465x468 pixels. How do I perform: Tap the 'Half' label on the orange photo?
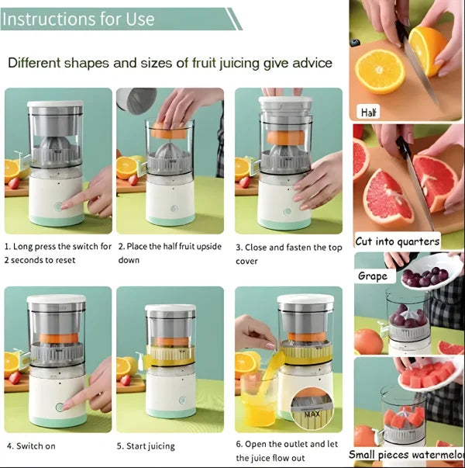pyautogui.click(x=369, y=113)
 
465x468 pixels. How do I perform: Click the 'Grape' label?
pyautogui.click(x=372, y=276)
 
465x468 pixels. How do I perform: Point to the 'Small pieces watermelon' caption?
pyautogui.click(x=406, y=454)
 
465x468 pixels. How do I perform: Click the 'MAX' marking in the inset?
pyautogui.click(x=312, y=414)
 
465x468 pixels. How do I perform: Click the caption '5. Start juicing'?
pyautogui.click(x=146, y=446)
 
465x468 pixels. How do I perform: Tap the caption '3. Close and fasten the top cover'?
pyautogui.click(x=288, y=254)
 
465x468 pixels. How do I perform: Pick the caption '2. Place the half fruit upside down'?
pyautogui.click(x=169, y=254)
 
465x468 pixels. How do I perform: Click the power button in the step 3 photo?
pyautogui.click(x=288, y=210)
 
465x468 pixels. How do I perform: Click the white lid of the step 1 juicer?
pyautogui.click(x=55, y=105)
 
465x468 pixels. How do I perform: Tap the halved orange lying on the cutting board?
pyautogui.click(x=379, y=72)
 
